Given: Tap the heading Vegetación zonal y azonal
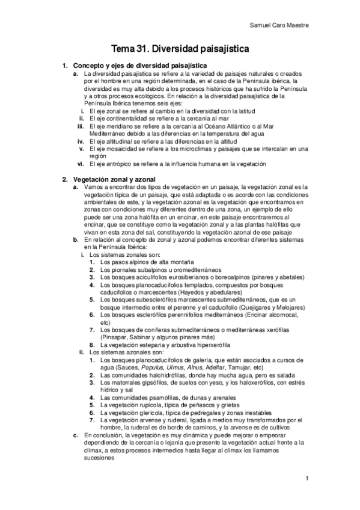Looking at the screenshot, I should tap(114, 179).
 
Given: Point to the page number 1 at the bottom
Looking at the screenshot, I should tap(307, 479).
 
